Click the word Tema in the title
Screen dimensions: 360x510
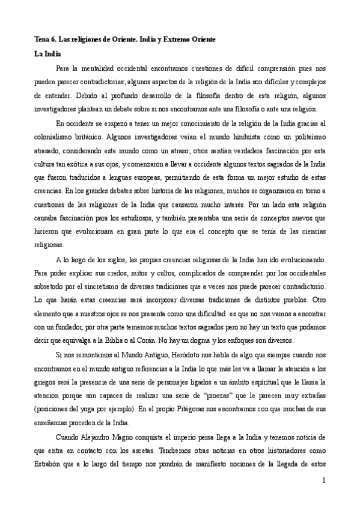click(x=41, y=39)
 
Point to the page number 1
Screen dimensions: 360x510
click(x=323, y=481)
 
